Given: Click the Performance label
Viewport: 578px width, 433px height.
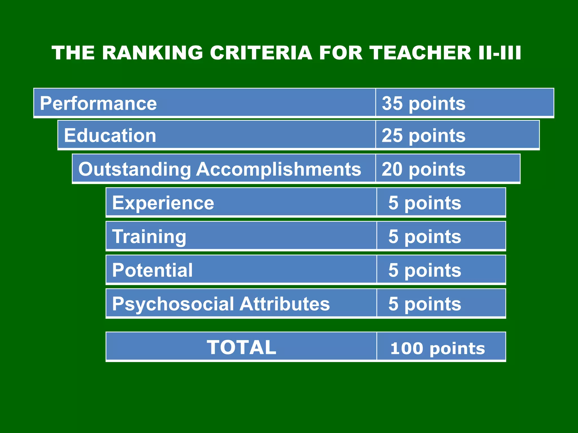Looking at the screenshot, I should point(98,103).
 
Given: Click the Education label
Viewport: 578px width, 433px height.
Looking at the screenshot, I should point(110,136).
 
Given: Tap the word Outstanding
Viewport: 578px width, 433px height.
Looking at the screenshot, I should point(135,169).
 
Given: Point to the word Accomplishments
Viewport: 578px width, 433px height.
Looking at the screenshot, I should point(279,169).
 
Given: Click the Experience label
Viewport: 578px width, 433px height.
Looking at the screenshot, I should point(163,203).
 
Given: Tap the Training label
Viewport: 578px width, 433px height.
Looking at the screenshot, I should point(149,237).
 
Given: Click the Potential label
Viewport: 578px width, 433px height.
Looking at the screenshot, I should point(152,270).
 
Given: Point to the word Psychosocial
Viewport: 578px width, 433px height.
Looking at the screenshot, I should point(173,304).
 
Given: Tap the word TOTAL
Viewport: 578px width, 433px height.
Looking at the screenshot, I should point(241,347).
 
